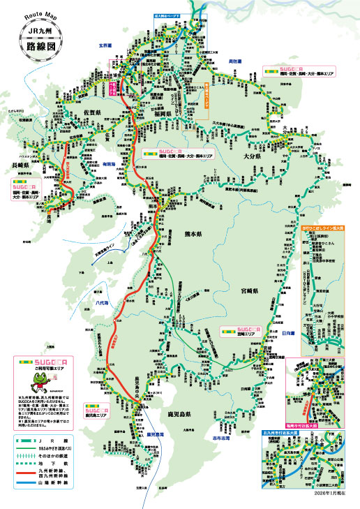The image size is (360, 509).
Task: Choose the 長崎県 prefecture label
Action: (23, 165)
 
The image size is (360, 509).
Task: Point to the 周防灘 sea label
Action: (235, 61)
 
